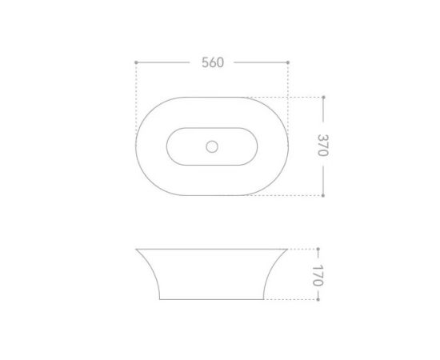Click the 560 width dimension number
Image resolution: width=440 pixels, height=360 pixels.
click(213, 62)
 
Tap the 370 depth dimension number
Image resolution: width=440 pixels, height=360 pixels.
click(323, 145)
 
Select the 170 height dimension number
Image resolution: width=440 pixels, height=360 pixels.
click(318, 275)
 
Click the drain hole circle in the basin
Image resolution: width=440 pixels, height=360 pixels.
click(212, 146)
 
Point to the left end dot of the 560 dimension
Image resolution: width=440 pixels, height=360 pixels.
click(136, 62)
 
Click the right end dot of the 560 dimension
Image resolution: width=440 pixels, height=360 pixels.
click(288, 62)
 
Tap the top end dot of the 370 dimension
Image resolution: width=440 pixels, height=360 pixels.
click(323, 98)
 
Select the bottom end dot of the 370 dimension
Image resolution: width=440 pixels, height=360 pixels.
click(323, 195)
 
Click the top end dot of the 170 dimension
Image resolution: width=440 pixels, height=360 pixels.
click(318, 249)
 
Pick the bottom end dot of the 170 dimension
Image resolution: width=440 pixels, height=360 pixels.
click(318, 299)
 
